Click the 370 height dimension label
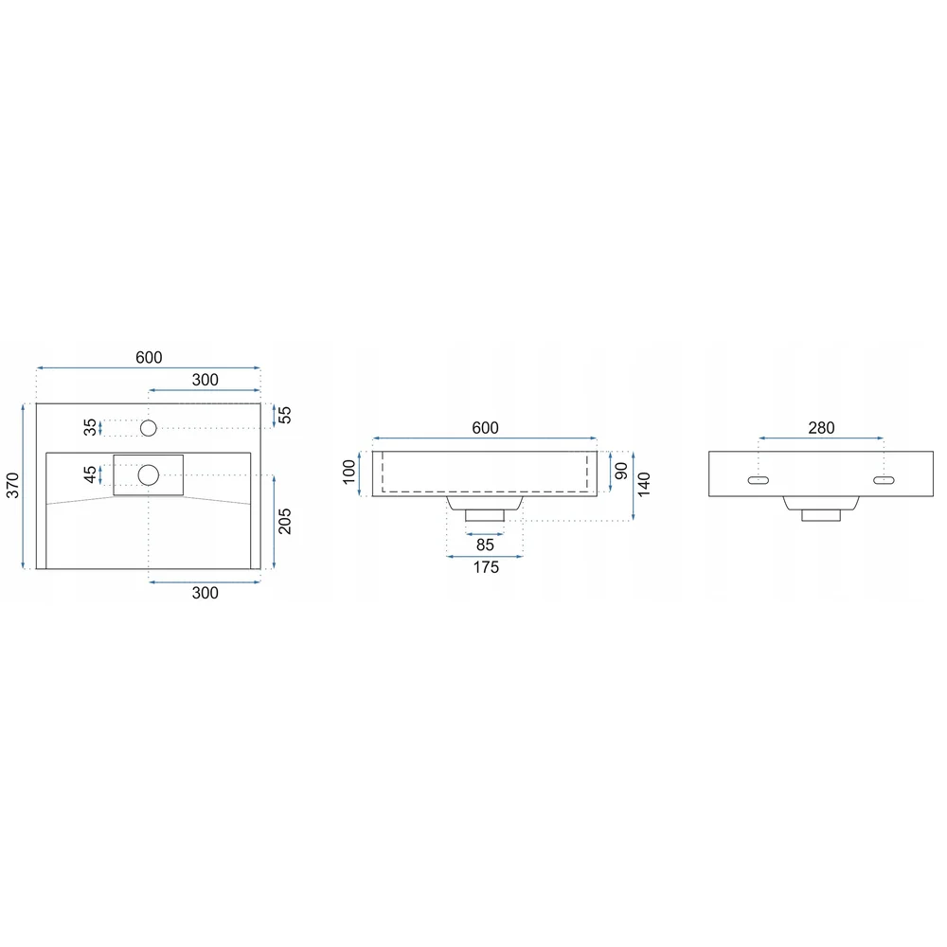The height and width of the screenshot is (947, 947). (x=12, y=486)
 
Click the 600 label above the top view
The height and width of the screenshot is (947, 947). (x=149, y=358)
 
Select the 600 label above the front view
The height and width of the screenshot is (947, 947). (x=485, y=428)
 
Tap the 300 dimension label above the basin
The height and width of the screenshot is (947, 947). (x=205, y=380)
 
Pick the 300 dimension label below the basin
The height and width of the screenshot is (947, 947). (x=205, y=593)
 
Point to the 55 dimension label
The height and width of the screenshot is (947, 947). (x=284, y=415)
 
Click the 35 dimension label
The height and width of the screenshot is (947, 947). (x=90, y=428)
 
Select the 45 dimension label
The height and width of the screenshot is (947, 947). (x=90, y=474)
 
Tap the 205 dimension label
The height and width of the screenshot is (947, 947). (x=284, y=521)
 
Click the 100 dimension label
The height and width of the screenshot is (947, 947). (x=349, y=473)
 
